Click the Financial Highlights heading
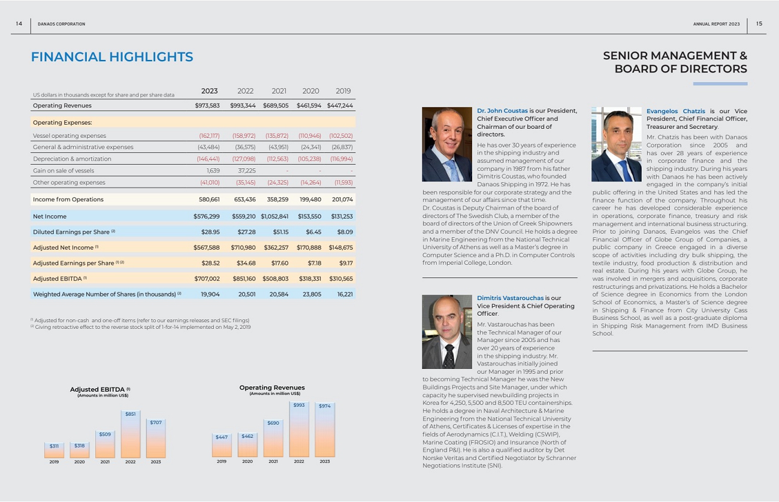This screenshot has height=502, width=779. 112,57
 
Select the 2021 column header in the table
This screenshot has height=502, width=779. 279,91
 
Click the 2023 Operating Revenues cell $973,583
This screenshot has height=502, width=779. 207,105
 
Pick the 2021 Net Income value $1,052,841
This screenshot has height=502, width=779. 274,216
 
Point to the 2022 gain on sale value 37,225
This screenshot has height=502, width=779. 246,170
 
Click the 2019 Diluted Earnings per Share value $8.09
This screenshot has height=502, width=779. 345,232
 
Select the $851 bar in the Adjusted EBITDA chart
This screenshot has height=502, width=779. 130,434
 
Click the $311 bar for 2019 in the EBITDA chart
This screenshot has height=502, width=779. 54,450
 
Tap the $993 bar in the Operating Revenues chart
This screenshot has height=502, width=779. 299,430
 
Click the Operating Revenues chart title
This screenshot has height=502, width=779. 271,388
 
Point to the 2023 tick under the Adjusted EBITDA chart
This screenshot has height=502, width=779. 156,462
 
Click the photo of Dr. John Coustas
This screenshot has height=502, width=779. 447,144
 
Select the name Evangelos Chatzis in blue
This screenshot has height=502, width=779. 675,111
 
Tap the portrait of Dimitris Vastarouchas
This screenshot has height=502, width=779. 447,332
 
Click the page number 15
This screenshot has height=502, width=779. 759,24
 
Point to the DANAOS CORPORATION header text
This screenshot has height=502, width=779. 61,24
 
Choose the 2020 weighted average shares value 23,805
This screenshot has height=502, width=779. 312,294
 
